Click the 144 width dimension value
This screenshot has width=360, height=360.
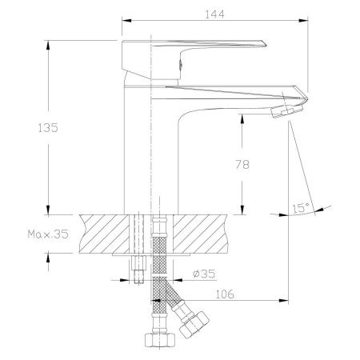point(214,14)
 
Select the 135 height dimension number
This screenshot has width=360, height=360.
point(48,128)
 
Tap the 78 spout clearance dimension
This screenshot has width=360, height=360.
point(242,165)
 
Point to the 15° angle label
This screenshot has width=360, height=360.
point(301,208)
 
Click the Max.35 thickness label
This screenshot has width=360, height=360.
point(48,234)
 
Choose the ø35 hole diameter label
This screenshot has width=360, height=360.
point(204,274)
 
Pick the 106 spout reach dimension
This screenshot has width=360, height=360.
point(225,294)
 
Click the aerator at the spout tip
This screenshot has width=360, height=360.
point(287,110)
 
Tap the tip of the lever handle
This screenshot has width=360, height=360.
point(265,44)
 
